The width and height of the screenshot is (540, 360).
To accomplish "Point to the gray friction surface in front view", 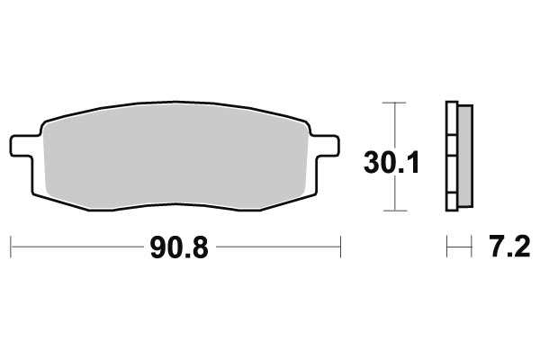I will [x=175, y=157].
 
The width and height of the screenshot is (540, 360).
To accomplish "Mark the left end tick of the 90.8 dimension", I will [x=10, y=245].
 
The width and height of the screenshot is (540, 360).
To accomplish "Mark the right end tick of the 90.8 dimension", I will [x=341, y=245].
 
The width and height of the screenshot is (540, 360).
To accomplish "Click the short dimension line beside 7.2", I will [x=459, y=245].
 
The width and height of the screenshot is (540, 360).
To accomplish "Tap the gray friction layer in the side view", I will [x=465, y=157].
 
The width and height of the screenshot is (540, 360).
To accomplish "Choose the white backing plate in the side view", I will [x=452, y=157].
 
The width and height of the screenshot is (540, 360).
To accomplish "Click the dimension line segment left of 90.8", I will [x=76, y=245].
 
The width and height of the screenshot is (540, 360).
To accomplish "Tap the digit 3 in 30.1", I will [x=373, y=163].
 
